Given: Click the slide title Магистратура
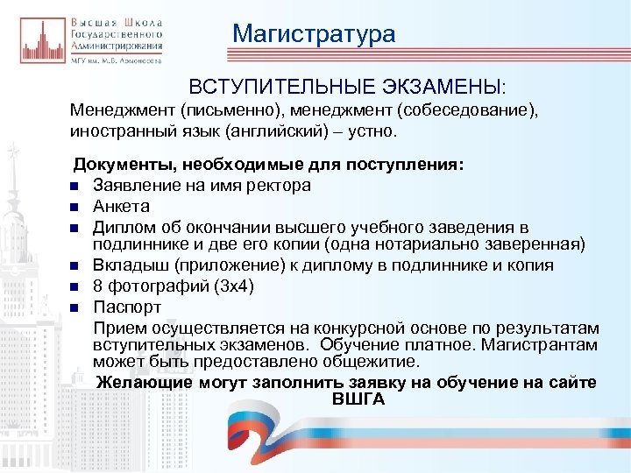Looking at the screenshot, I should [314, 34].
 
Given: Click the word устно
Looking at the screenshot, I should [372, 133].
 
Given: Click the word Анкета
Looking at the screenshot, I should [122, 207].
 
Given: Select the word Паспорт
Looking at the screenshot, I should [128, 307].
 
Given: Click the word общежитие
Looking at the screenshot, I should [370, 360].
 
